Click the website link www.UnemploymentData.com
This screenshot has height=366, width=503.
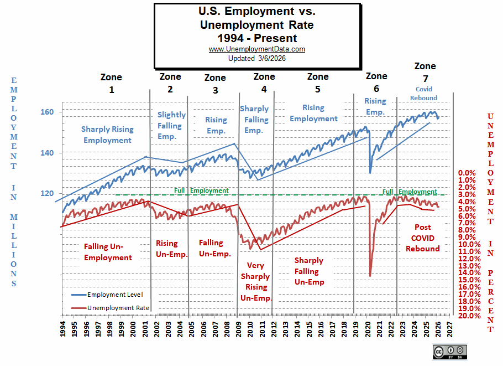[x=256, y=49]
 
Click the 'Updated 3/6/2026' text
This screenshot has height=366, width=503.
[x=256, y=58]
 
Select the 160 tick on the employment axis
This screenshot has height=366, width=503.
[x=48, y=112]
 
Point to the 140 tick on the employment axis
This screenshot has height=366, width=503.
[x=48, y=153]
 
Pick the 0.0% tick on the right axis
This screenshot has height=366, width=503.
[x=467, y=173]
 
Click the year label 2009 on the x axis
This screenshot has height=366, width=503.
[x=238, y=331]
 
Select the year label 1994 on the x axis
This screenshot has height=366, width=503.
[x=62, y=331]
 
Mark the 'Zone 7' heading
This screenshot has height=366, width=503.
[x=425, y=71]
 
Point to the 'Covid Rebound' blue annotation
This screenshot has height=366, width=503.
[x=424, y=94]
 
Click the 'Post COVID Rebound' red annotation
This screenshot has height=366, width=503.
[x=423, y=238]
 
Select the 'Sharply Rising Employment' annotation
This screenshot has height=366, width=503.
[x=107, y=135]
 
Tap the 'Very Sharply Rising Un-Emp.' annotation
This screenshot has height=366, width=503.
[x=255, y=282]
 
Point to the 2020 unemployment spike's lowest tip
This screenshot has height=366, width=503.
[x=370, y=276]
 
